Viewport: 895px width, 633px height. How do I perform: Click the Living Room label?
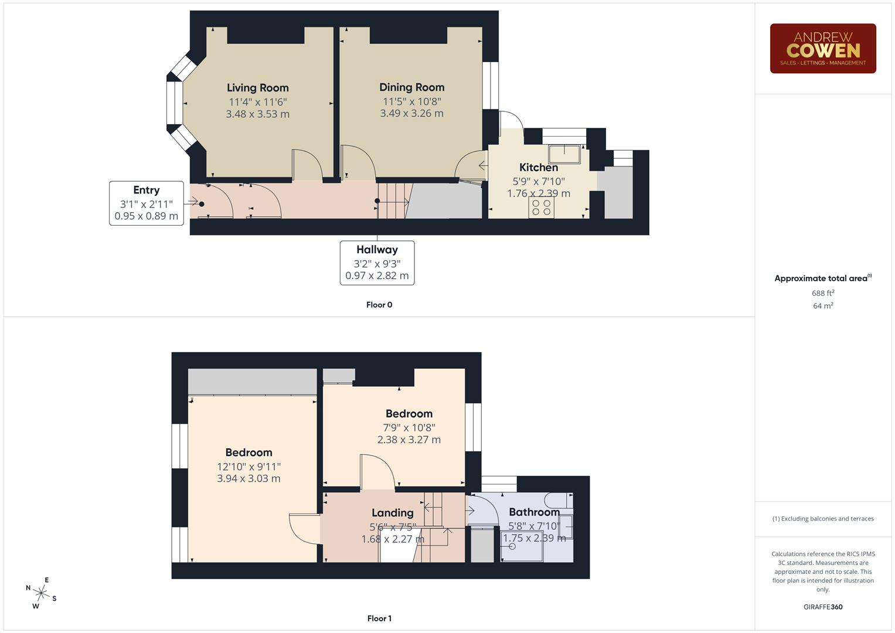257,88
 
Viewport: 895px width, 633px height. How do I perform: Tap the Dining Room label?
411,87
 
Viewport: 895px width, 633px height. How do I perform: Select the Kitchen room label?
538,168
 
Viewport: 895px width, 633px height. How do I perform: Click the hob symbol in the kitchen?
541,207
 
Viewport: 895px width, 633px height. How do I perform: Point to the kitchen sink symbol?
564,154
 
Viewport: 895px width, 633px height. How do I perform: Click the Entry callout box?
146,203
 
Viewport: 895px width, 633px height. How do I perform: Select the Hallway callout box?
377,263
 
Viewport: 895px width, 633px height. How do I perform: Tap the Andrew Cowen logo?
822,49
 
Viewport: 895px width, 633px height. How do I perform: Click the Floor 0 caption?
379,305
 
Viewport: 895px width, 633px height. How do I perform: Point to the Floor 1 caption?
379,618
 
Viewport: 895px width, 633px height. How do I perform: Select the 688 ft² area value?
822,293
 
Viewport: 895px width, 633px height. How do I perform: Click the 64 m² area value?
822,306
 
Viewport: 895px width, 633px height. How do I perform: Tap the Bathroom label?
534,512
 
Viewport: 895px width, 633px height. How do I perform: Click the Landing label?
392,513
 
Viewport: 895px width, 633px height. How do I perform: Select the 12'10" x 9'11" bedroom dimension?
249,467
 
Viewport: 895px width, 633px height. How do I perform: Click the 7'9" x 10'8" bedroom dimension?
409,428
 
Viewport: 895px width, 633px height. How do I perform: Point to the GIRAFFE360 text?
822,607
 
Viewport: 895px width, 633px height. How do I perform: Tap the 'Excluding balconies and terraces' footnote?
822,519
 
